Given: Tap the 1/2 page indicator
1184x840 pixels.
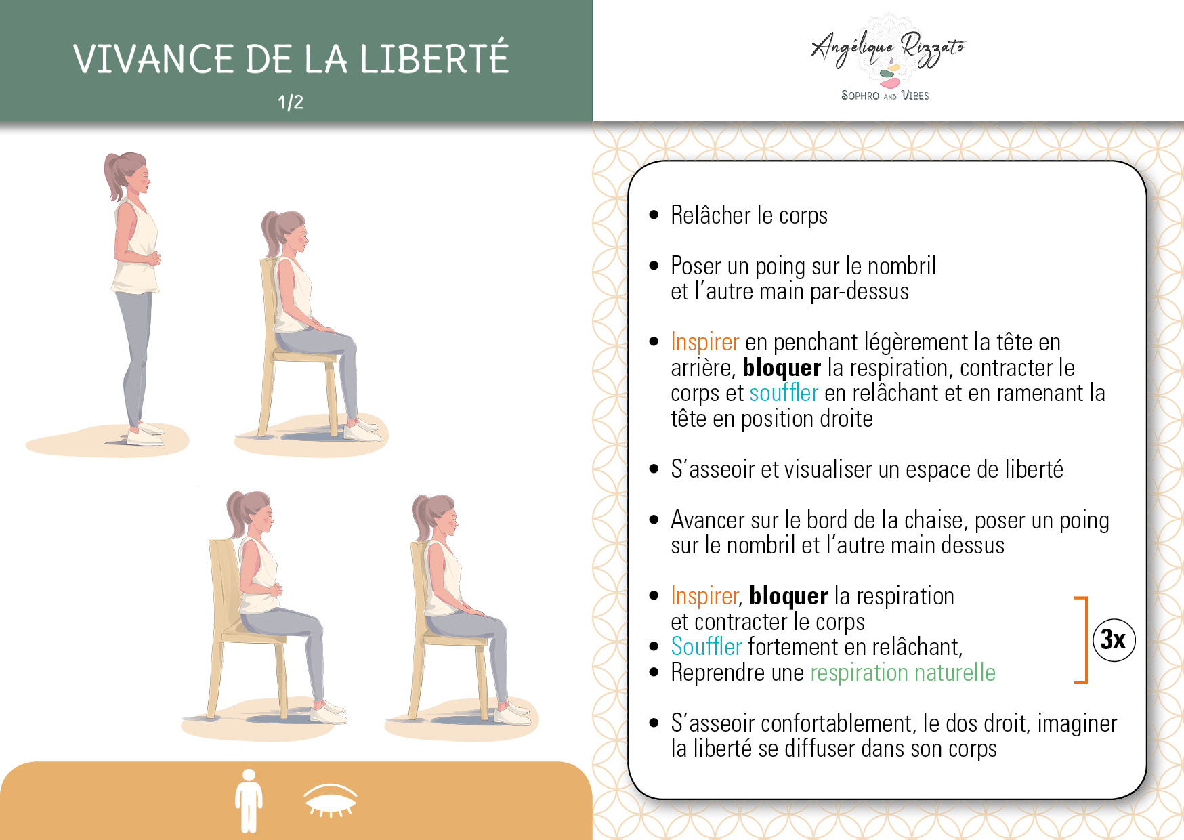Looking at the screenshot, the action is pyautogui.click(x=291, y=102).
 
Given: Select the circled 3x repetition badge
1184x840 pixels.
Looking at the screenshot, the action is pyautogui.click(x=1114, y=639).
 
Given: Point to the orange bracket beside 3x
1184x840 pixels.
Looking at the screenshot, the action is pyautogui.click(x=1085, y=640).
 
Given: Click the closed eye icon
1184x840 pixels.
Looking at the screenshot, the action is pyautogui.click(x=330, y=801).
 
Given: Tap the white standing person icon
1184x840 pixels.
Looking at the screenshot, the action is pyautogui.click(x=249, y=800).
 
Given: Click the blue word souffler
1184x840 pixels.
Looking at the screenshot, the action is pyautogui.click(x=784, y=393).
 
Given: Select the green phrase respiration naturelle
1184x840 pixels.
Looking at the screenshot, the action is pyautogui.click(x=903, y=673).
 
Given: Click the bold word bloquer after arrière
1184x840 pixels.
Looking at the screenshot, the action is pyautogui.click(x=782, y=368).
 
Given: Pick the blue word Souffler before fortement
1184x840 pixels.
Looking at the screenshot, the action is pyautogui.click(x=706, y=647).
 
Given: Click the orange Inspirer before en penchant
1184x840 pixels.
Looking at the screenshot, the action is pyautogui.click(x=704, y=343).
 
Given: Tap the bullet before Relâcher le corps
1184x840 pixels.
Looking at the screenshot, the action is pyautogui.click(x=654, y=215).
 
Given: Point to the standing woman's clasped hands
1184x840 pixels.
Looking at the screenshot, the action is pyautogui.click(x=153, y=258).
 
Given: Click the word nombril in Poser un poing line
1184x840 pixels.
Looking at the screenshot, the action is pyautogui.click(x=902, y=266).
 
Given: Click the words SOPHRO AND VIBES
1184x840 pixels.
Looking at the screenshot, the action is pyautogui.click(x=885, y=96).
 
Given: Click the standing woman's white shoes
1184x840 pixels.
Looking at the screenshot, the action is pyautogui.click(x=144, y=436).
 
